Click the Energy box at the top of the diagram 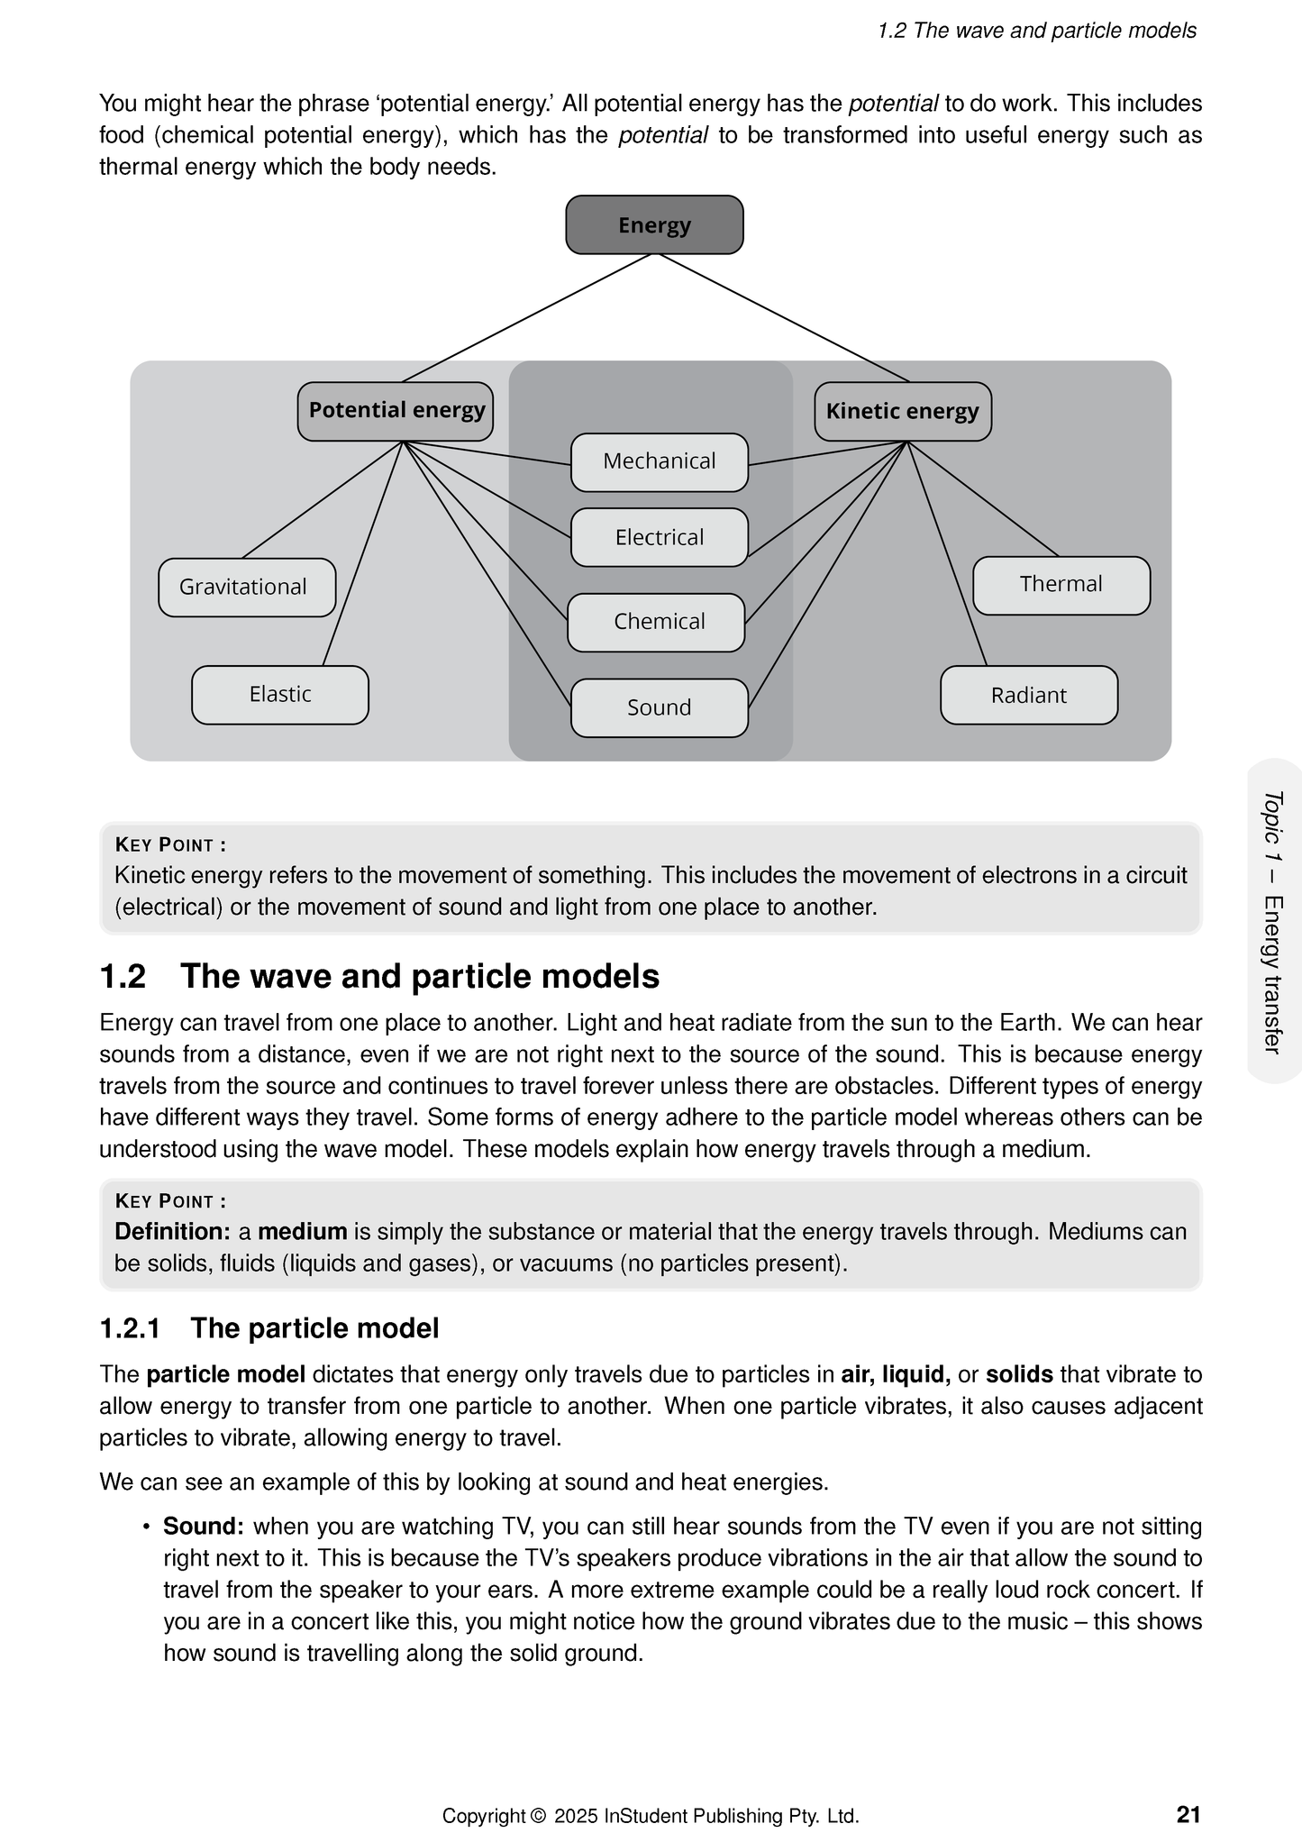pyautogui.click(x=654, y=224)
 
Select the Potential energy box pyautogui.click(x=396, y=411)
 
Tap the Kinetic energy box pyautogui.click(x=902, y=412)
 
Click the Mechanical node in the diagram pyautogui.click(x=660, y=461)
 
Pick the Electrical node pyautogui.click(x=660, y=537)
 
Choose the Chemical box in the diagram pyautogui.click(x=657, y=622)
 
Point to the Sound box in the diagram pyautogui.click(x=660, y=707)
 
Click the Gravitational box pyautogui.click(x=247, y=587)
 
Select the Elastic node pyautogui.click(x=280, y=695)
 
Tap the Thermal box pyautogui.click(x=1061, y=585)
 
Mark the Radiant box pyautogui.click(x=1029, y=695)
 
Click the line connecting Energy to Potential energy pyautogui.click(x=526, y=318)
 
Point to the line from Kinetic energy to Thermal pyautogui.click(x=982, y=498)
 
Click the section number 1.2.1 pyautogui.click(x=130, y=1328)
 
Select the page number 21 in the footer pyautogui.click(x=1188, y=1814)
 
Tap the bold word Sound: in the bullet pyautogui.click(x=204, y=1527)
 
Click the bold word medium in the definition pyautogui.click(x=303, y=1232)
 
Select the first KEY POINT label pyautogui.click(x=170, y=845)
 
